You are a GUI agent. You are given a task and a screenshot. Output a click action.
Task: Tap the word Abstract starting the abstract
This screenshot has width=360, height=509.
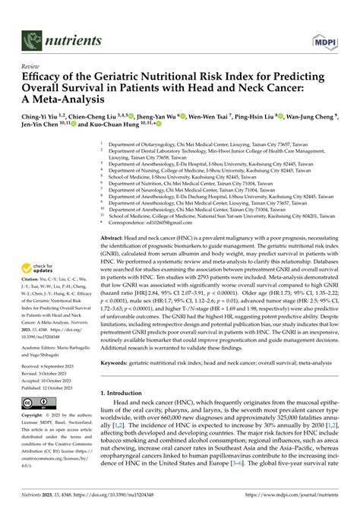tap(115, 217)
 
